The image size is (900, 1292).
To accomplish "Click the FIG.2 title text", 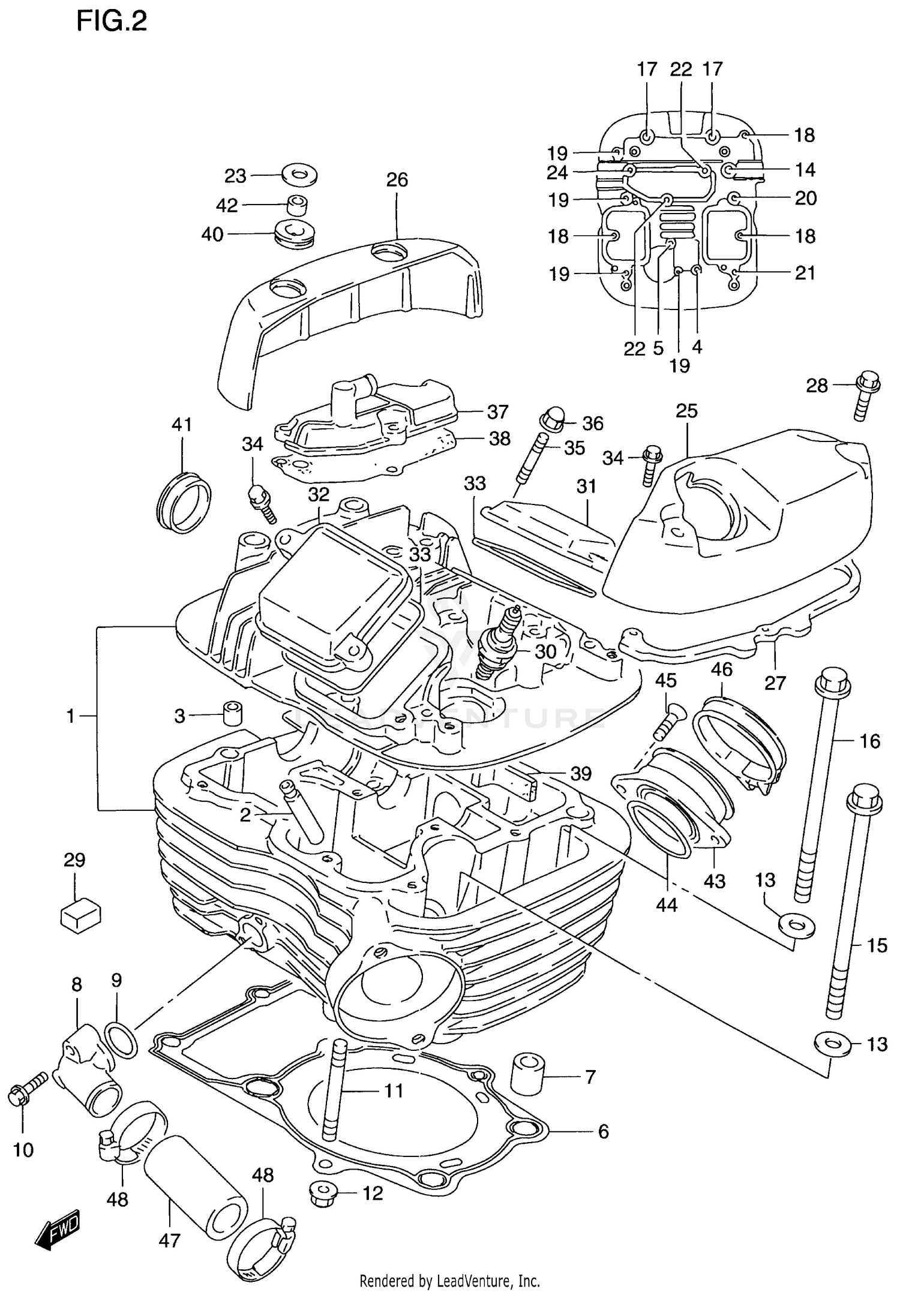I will point(111,22).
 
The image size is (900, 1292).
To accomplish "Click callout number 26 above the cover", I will point(397,180).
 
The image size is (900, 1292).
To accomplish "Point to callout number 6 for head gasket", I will point(603,1131).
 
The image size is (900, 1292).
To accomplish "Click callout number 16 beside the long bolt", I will point(869,741).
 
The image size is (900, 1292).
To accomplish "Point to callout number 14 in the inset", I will point(805,170).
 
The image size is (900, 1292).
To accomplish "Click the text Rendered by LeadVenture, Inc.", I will point(449,1281).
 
